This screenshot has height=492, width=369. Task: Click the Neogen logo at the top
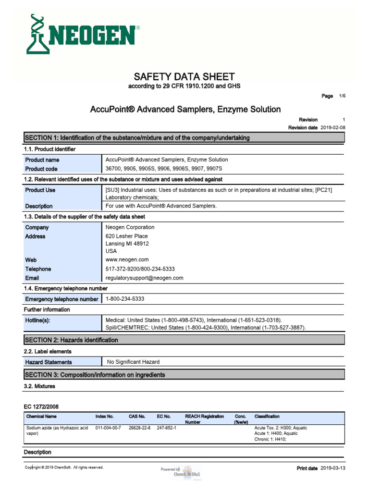pyautogui.click(x=82, y=34)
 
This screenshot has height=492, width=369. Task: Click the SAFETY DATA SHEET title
pyautogui.click(x=184, y=76)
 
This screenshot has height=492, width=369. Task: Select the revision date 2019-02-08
pyautogui.click(x=333, y=128)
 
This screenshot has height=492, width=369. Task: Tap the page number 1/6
pyautogui.click(x=342, y=96)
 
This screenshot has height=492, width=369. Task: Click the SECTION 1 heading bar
pyautogui.click(x=184, y=138)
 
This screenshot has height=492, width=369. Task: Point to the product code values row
pyautogui.click(x=164, y=169)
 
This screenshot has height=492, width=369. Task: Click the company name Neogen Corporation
pyautogui.click(x=130, y=227)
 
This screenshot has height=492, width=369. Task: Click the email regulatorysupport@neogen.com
pyautogui.click(x=144, y=278)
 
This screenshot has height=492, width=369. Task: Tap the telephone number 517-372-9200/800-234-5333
pyautogui.click(x=140, y=269)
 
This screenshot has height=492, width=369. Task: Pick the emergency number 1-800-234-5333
pyautogui.click(x=125, y=299)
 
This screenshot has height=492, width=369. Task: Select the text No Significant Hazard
pyautogui.click(x=133, y=362)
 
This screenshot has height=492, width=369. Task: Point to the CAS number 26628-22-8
pyautogui.click(x=139, y=428)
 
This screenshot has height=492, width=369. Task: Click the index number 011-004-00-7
pyautogui.click(x=108, y=428)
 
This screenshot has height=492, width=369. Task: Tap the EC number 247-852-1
pyautogui.click(x=167, y=428)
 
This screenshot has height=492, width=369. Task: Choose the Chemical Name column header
pyautogui.click(x=41, y=417)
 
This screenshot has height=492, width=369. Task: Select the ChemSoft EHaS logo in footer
pyautogui.click(x=187, y=472)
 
